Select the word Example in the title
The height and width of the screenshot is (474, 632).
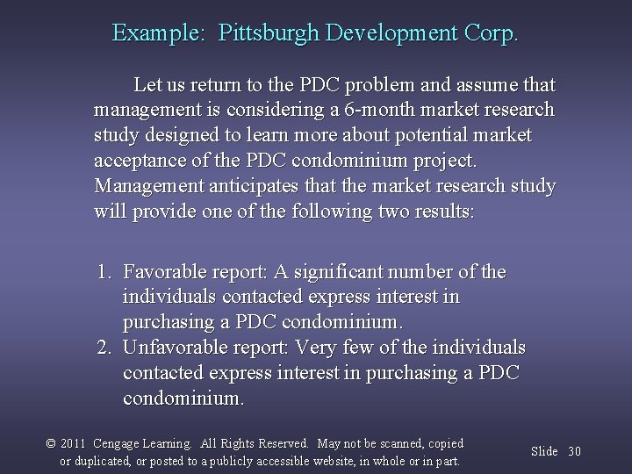pyautogui.click(x=157, y=33)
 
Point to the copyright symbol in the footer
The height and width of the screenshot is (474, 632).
pyautogui.click(x=50, y=444)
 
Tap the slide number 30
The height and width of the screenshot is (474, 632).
pyautogui.click(x=574, y=451)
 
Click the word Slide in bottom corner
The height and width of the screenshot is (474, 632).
pyautogui.click(x=544, y=451)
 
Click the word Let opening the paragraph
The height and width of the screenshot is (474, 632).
pyautogui.click(x=147, y=85)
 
